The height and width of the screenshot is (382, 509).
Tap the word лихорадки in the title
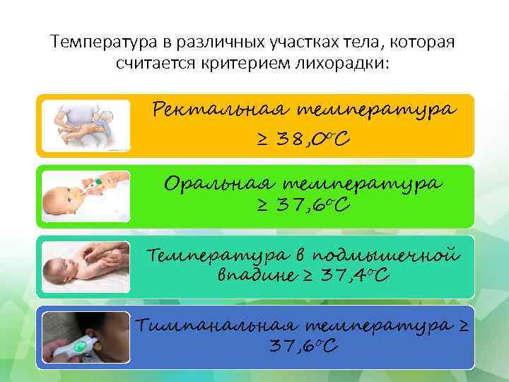pyautogui.click(x=346, y=64)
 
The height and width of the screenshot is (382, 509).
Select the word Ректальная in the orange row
pyautogui.click(x=218, y=111)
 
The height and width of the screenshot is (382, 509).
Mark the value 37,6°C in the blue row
pyautogui.click(x=305, y=347)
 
